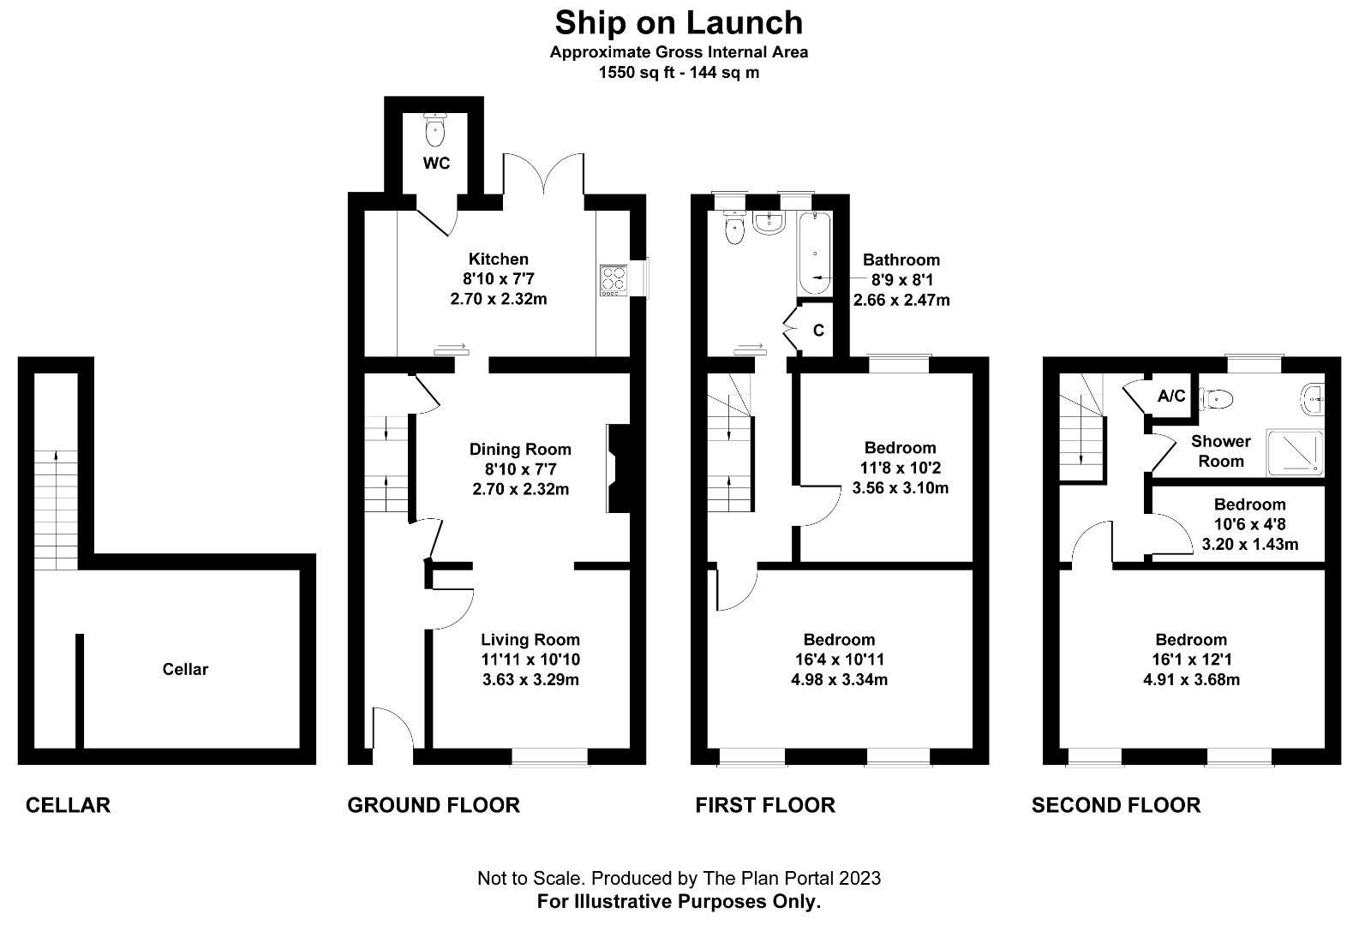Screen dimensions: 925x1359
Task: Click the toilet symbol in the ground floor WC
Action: click(x=435, y=131)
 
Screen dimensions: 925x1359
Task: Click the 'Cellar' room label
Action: click(x=185, y=669)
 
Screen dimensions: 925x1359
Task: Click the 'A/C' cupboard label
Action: click(x=1171, y=396)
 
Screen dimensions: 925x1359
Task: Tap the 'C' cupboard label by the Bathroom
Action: click(x=818, y=330)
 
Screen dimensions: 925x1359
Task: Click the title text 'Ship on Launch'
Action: click(x=679, y=21)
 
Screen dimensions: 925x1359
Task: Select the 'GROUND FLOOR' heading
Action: click(x=434, y=805)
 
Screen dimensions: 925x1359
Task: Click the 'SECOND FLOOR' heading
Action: click(x=1116, y=805)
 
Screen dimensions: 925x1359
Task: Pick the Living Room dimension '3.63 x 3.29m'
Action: click(x=530, y=680)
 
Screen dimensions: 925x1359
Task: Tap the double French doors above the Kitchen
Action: click(x=543, y=176)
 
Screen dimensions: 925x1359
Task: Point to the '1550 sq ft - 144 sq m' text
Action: click(x=679, y=73)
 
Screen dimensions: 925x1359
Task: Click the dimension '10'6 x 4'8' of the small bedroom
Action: click(x=1249, y=524)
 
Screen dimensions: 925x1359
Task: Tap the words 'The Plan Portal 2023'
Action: click(x=792, y=878)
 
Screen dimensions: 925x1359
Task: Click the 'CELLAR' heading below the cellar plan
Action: click(x=68, y=805)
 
